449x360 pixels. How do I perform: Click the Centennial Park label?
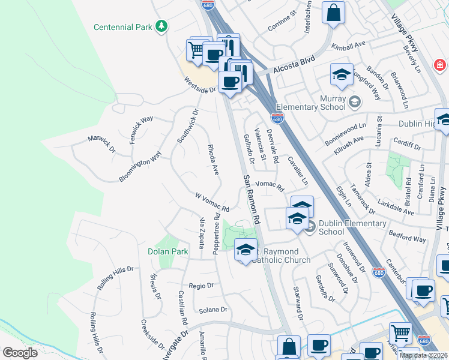123,28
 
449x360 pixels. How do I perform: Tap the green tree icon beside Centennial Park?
161,26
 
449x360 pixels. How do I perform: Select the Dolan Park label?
167,251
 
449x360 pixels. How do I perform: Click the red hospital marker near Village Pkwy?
440,64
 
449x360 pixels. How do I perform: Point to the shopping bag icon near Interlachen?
333,13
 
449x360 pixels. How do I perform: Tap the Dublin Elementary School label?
339,227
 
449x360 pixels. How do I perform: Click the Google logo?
20,352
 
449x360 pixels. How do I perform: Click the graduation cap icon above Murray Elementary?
341,74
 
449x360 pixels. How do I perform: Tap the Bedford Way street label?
407,235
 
